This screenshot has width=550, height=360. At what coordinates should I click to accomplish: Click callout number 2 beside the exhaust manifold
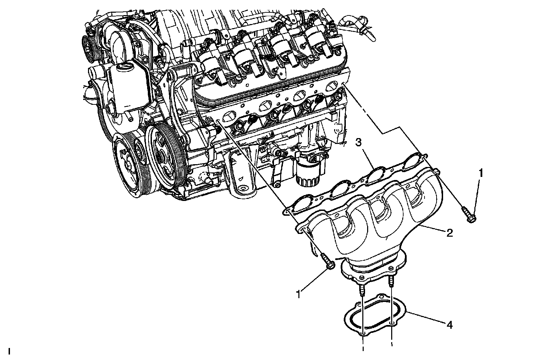pyautogui.click(x=449, y=233)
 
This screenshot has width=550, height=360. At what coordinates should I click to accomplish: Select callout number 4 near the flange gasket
pyautogui.click(x=449, y=325)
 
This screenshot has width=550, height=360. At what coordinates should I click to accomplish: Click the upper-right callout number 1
pyautogui.click(x=481, y=173)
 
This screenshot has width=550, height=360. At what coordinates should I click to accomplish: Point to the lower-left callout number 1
pyautogui.click(x=299, y=294)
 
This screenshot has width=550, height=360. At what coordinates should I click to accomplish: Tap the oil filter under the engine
pyautogui.click(x=309, y=172)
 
